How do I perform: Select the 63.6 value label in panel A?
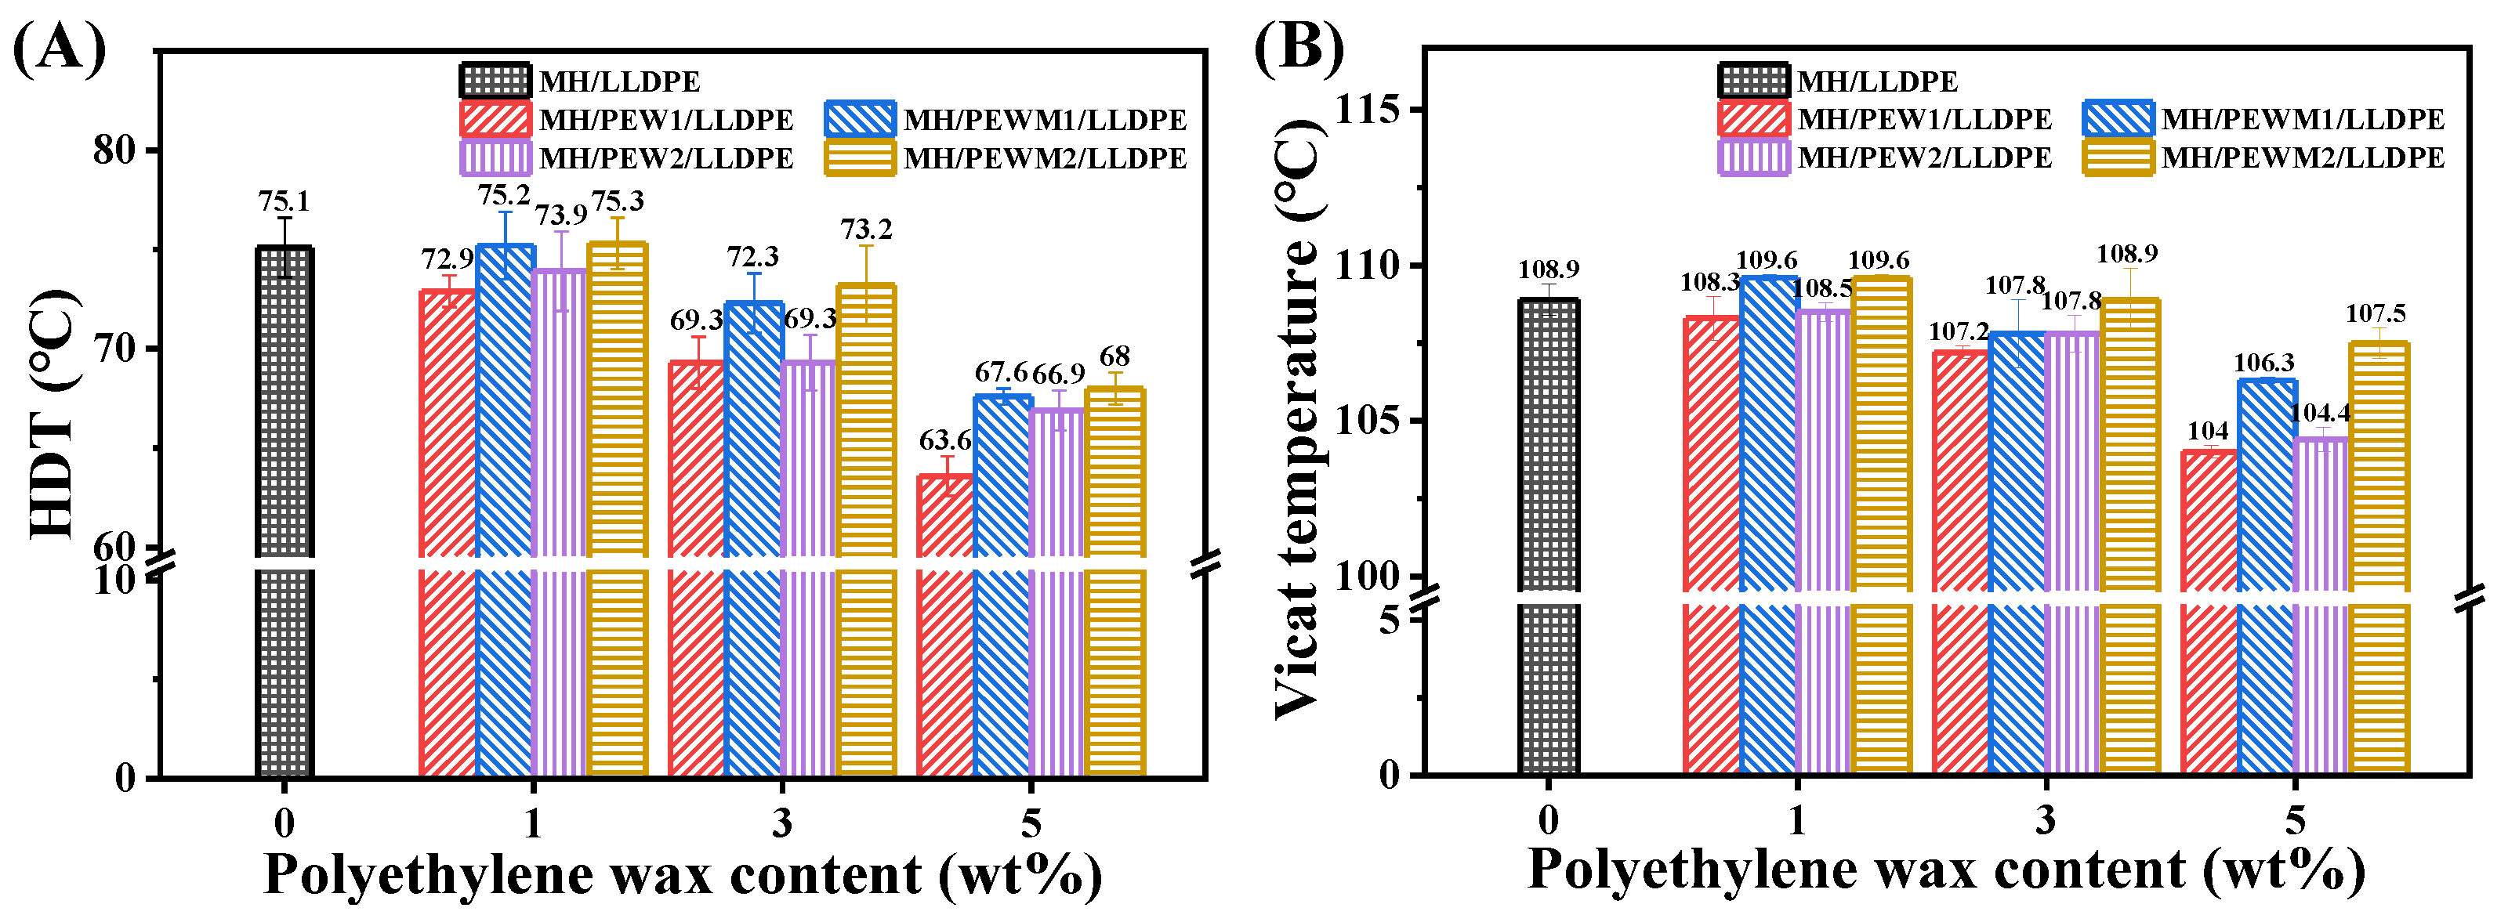tap(944, 441)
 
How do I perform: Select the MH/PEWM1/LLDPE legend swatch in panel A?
tap(859, 119)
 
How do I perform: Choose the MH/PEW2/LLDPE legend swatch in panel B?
tap(1752, 157)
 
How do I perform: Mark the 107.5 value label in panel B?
tap(2376, 313)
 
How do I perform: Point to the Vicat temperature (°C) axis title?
tap(1298, 418)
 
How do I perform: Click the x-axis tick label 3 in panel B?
tap(2046, 819)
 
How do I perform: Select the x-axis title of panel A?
tap(682, 874)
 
